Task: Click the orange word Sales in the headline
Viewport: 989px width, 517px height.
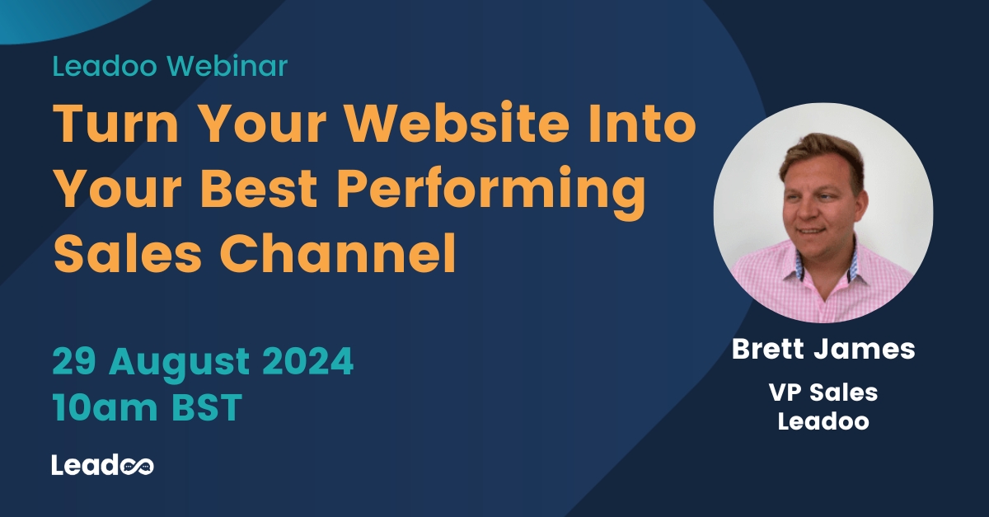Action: click(x=129, y=256)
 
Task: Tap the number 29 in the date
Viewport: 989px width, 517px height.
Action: click(x=72, y=361)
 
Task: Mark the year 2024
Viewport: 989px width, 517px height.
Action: click(x=312, y=361)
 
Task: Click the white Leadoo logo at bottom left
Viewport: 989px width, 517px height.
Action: click(x=102, y=464)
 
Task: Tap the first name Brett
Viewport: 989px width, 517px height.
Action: click(x=771, y=349)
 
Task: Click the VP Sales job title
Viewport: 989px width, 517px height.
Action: click(x=823, y=392)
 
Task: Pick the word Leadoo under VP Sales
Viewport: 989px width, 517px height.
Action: click(x=823, y=421)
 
